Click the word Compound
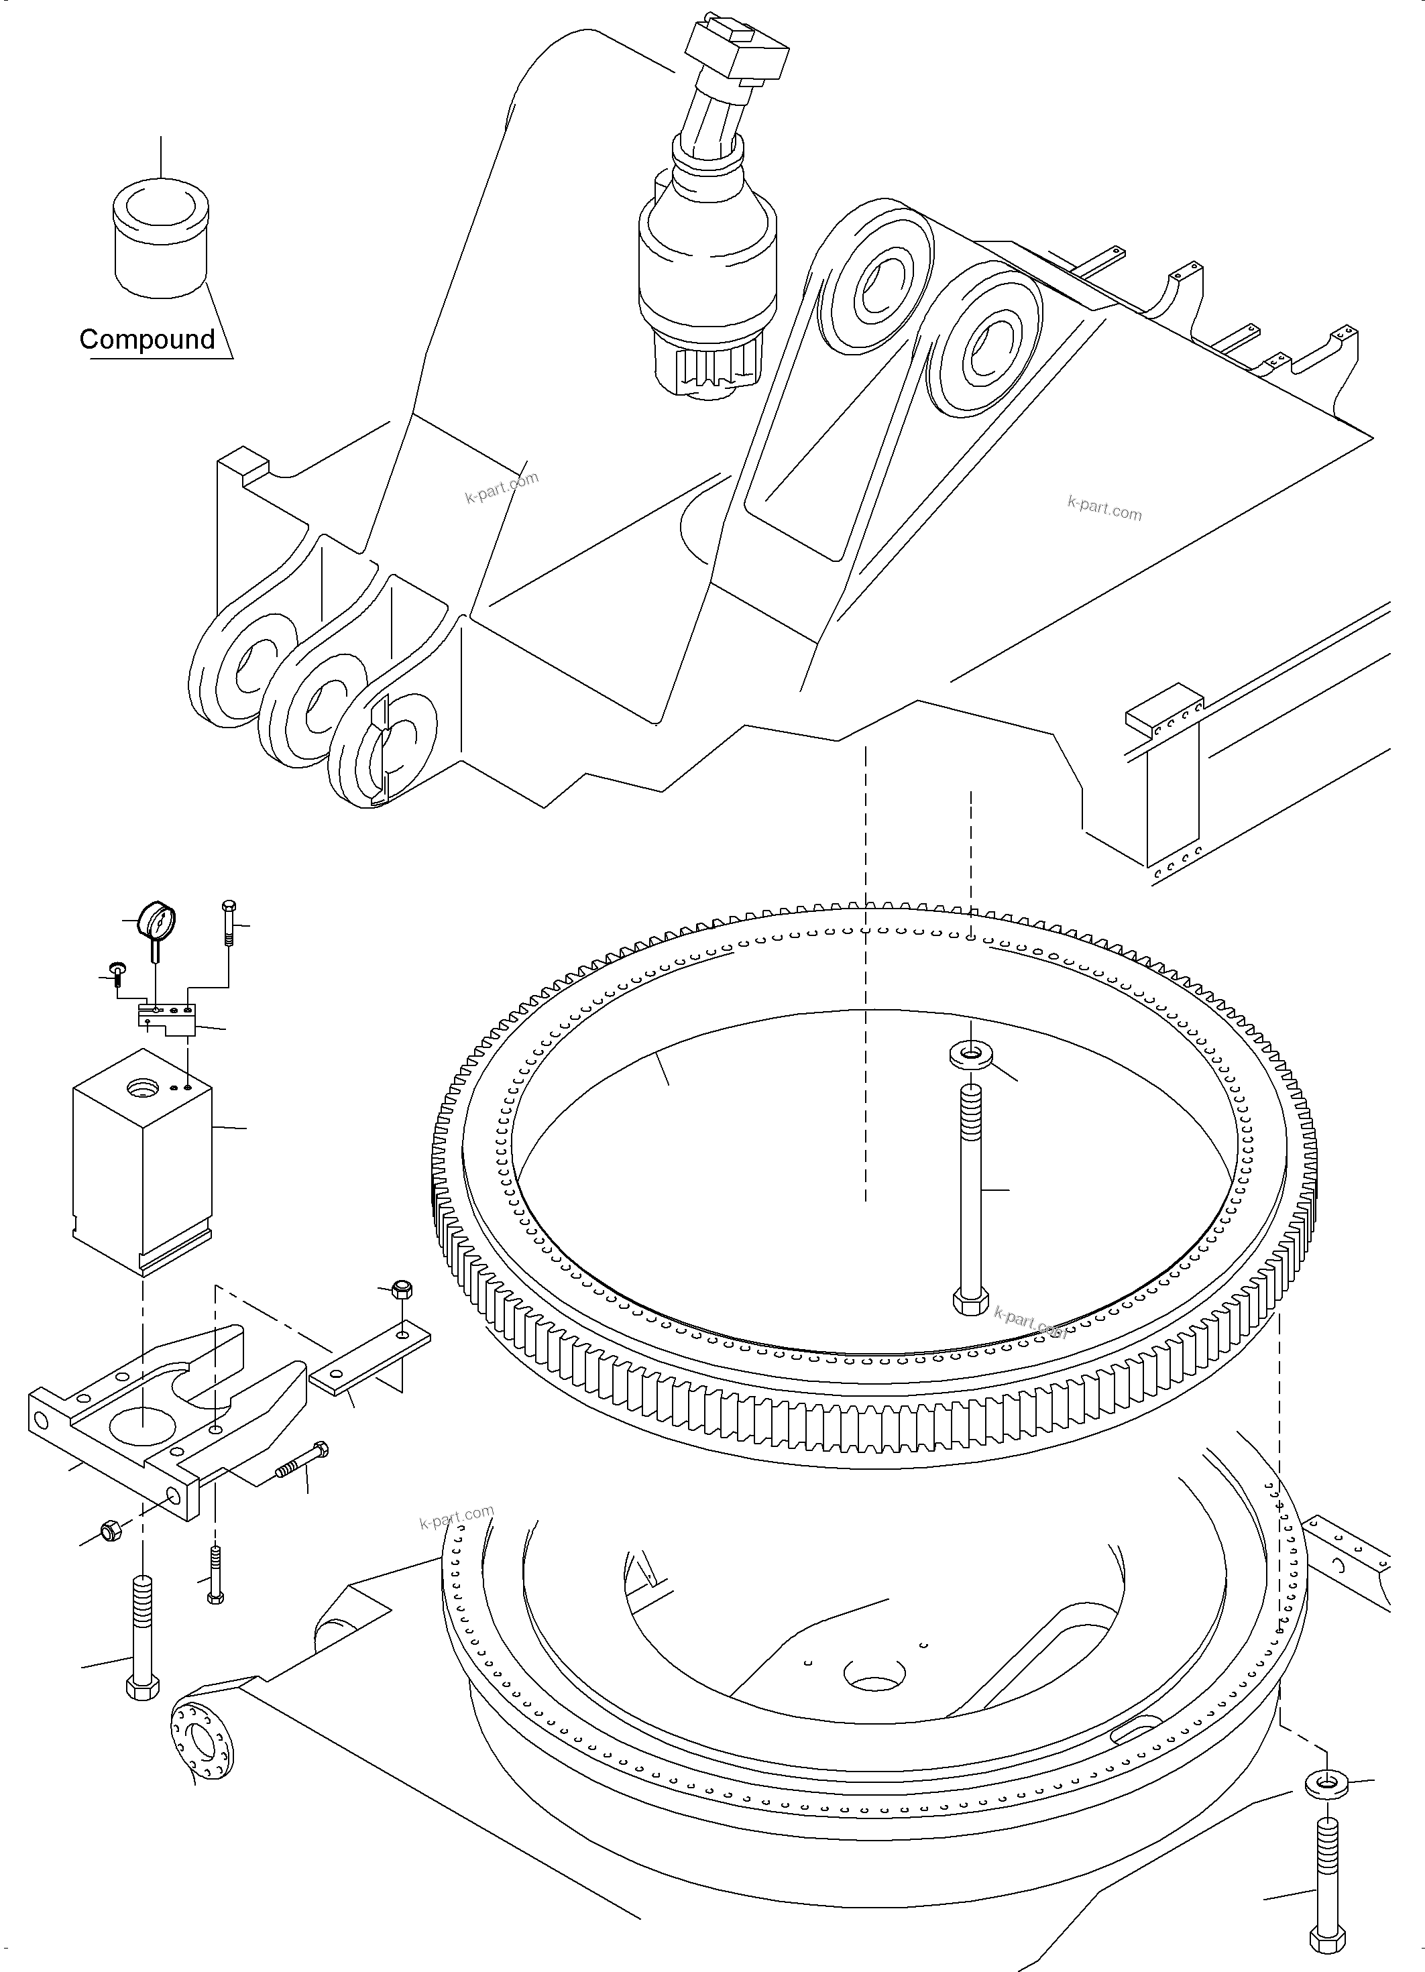click(x=147, y=339)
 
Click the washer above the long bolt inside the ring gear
click(x=970, y=1057)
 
